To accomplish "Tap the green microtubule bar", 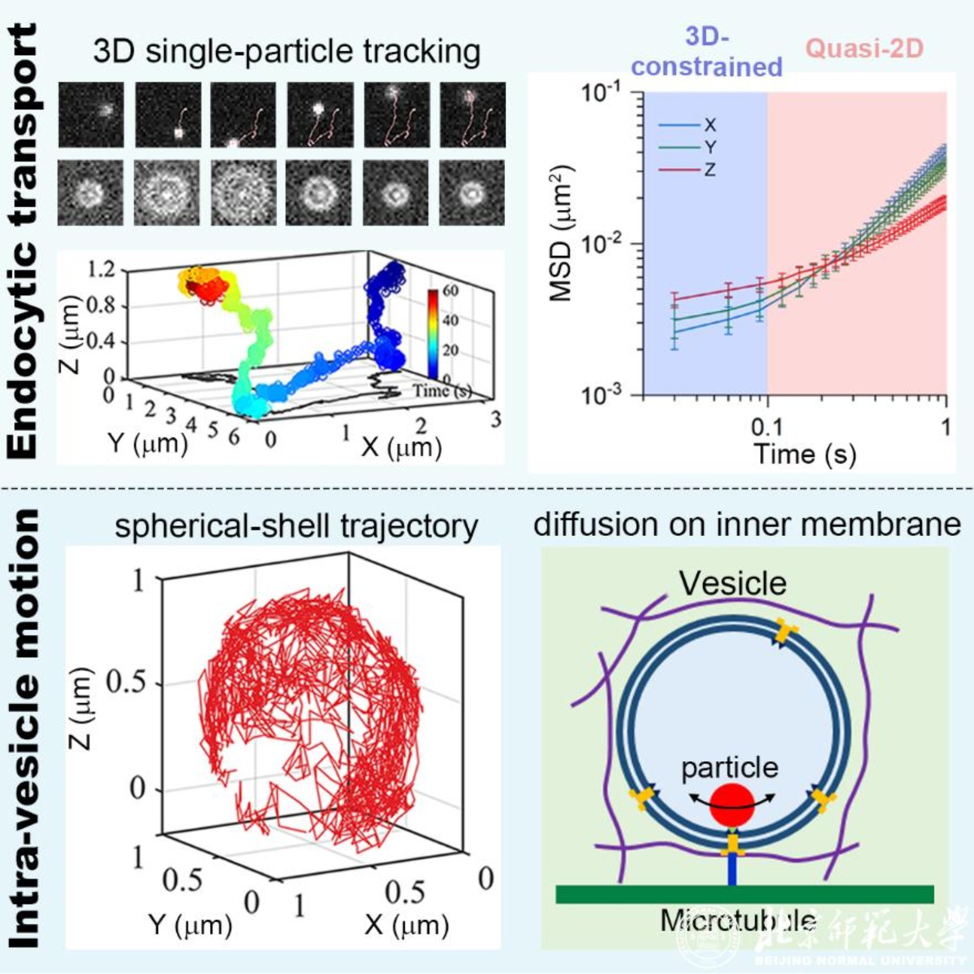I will coord(744,895).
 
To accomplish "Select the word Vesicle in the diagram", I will coord(732,583).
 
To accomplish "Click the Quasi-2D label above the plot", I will coord(864,49).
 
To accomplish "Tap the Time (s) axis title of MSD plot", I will coord(805,454).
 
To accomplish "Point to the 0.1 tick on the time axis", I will coord(767,428).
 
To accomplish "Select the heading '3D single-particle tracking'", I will coord(287,52).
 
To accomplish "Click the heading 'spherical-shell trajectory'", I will coord(296,526).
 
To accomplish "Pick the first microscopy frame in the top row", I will coord(91,115).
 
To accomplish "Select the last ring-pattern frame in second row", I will coord(472,193).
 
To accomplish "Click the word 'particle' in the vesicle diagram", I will coord(730,768).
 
